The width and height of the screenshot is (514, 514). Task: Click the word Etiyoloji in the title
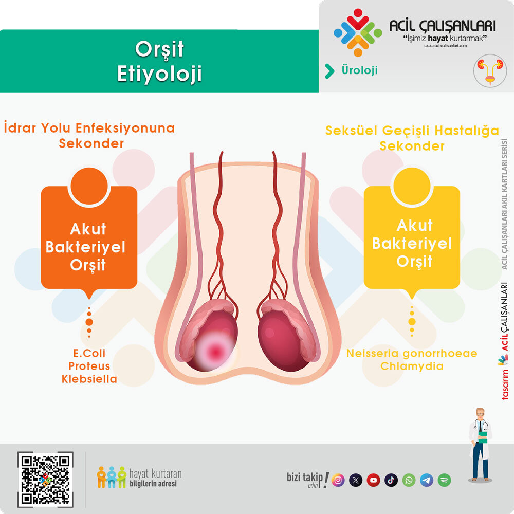coord(159,74)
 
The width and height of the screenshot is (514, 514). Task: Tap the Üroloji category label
coord(360,70)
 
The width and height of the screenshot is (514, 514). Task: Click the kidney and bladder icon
coord(490,71)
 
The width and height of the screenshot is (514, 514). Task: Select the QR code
coord(45,479)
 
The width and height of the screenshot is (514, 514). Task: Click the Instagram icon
coord(338,480)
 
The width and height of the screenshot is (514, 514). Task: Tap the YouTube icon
coord(373,480)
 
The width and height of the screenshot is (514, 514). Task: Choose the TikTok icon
coord(391,480)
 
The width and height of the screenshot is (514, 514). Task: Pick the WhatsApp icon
coord(409,480)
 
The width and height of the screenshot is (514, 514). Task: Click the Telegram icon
coord(427,480)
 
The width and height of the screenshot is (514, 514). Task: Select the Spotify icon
coord(444,480)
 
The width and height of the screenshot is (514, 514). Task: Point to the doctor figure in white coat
coord(480,444)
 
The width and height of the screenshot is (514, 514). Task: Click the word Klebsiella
coord(89,379)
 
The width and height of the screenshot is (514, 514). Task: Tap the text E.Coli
coord(89,353)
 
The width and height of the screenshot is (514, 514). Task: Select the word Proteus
coord(89,366)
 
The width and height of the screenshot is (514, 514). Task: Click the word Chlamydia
coord(412,366)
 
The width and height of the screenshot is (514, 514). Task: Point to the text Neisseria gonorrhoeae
coord(412,354)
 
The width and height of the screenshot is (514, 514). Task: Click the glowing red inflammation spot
coord(215,352)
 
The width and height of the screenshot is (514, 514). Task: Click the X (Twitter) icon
coord(356,480)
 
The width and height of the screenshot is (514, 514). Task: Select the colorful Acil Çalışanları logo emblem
coord(358,32)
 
